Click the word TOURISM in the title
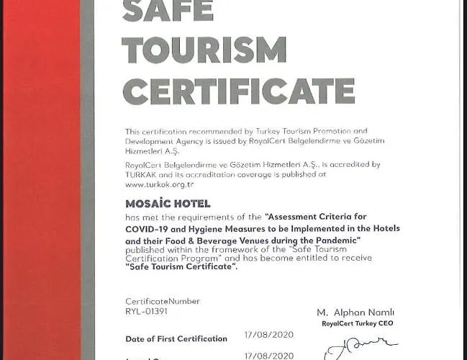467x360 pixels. coord(204,50)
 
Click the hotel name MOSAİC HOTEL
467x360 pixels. coord(168,204)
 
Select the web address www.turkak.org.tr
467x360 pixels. coord(160,184)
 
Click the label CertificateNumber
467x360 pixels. coord(163,302)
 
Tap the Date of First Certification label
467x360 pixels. coord(176,338)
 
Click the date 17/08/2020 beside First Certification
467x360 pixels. coord(268,336)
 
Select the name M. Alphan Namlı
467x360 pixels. coord(355,312)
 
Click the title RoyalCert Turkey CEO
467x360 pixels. coord(358,324)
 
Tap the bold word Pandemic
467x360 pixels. coord(333,239)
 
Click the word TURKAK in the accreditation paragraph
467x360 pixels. coord(142,174)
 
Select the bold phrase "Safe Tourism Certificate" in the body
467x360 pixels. coord(181,267)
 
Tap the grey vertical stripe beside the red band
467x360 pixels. coord(87,180)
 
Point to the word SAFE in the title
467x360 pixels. coord(168,10)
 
